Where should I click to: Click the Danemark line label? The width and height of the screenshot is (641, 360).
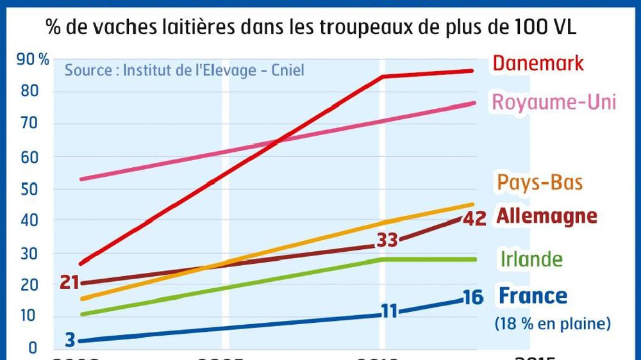coord(538,63)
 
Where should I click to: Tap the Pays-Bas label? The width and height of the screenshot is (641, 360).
coord(539,183)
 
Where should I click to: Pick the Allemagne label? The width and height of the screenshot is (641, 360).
coord(546,216)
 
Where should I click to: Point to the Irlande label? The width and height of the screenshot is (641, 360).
coord(531,259)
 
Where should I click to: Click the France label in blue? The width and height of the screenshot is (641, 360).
coord(533,296)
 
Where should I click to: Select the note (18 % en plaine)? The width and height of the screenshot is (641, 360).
coord(552,324)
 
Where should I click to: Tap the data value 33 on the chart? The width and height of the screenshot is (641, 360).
coord(387,241)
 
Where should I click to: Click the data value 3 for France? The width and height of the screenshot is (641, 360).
coord(69,340)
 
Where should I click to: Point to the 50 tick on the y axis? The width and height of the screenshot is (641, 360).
coord(28,189)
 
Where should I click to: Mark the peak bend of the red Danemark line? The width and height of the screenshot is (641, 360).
coord(383,76)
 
